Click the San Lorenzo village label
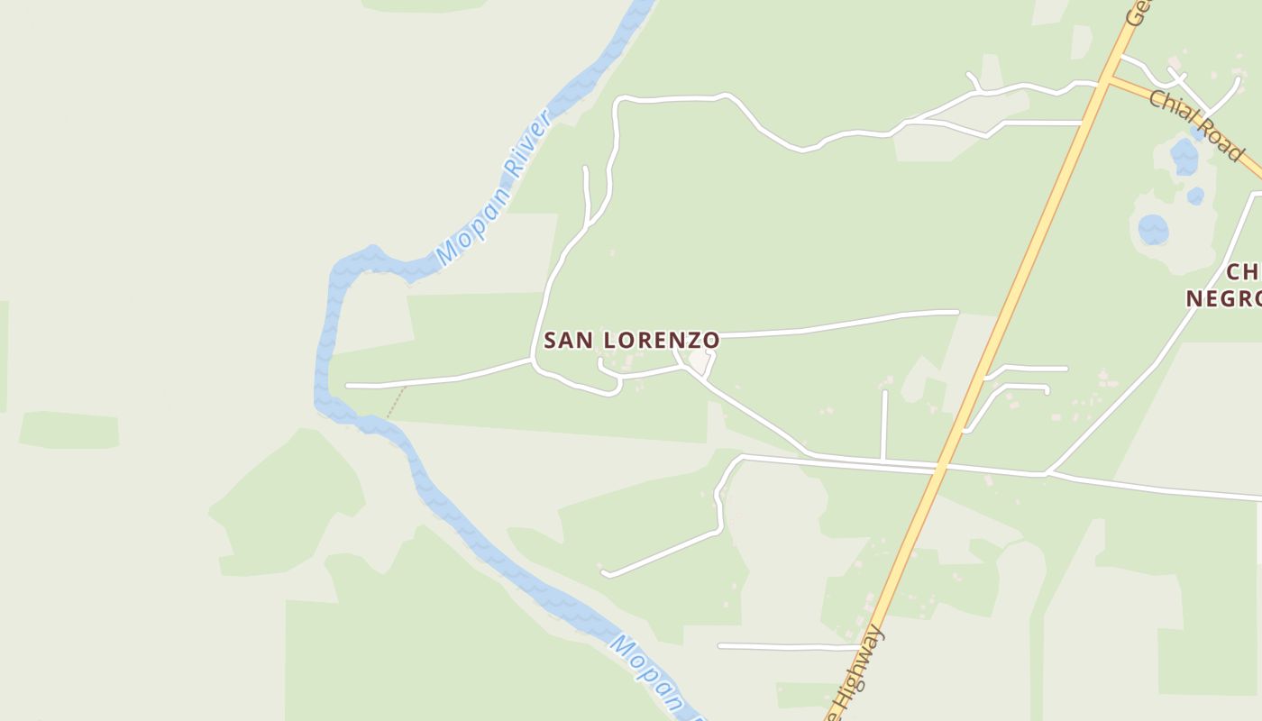tap(631, 340)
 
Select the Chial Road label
tap(1195, 125)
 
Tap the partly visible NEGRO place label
tap(1221, 297)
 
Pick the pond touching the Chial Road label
tap(1184, 157)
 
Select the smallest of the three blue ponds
tap(1195, 196)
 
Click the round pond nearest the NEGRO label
tap(1153, 230)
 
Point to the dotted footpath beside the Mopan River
tap(396, 402)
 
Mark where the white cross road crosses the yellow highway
tap(942, 467)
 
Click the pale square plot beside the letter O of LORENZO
tap(700, 362)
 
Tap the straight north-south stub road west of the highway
tap(884, 424)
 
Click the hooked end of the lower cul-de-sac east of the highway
tap(1046, 389)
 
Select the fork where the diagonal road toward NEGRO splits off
tap(1047, 472)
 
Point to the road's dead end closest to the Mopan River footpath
tap(348, 386)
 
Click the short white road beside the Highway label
tap(784, 646)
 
